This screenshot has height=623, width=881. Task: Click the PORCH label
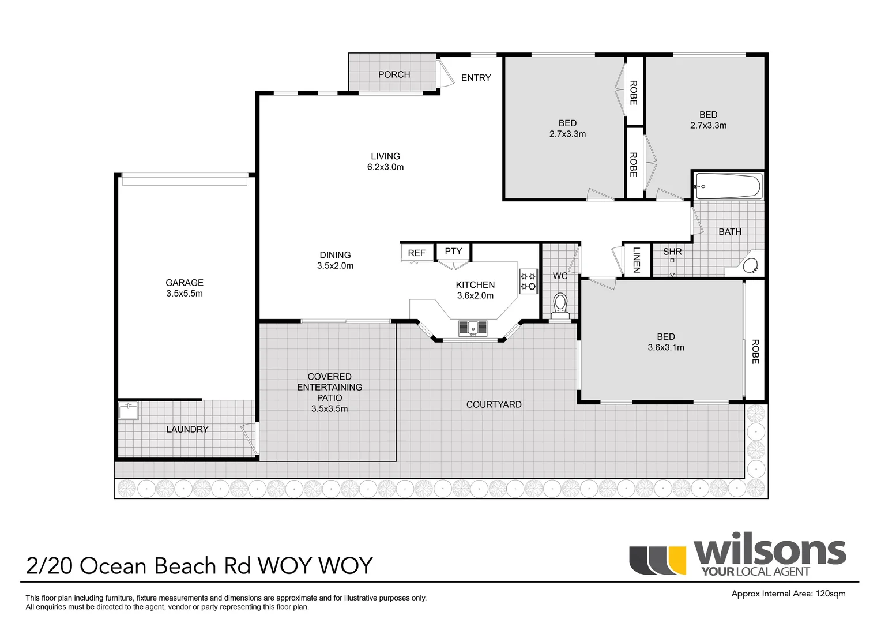coord(394,74)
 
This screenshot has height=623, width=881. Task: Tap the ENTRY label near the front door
coord(476,78)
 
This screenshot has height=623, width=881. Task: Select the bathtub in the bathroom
coord(728,186)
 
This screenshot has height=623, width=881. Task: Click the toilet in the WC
coord(560,306)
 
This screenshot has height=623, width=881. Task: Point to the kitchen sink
coord(473,328)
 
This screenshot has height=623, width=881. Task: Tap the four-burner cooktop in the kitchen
coord(529,281)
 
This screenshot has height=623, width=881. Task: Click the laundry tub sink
coord(129,411)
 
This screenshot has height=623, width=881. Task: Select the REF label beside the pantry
coord(416,253)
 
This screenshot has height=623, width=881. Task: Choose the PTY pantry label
coord(453,251)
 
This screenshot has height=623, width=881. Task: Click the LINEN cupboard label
coord(637,260)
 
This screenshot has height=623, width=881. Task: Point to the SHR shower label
coord(672,252)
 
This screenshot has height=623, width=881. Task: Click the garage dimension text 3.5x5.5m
coord(185,293)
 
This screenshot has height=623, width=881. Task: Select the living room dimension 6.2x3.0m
coord(385,167)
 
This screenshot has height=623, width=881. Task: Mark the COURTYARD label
coord(494,404)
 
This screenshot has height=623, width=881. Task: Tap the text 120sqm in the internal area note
coord(831,594)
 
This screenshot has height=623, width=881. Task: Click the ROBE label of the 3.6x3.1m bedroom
coord(755,351)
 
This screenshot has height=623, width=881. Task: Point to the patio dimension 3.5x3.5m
coord(330,408)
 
